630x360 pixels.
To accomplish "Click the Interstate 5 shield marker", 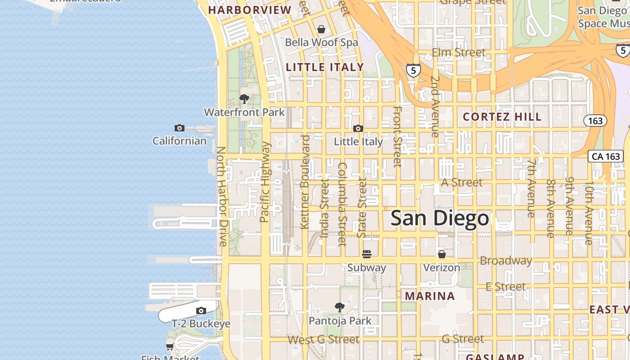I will (413, 70).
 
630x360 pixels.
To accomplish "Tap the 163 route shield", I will (595, 121).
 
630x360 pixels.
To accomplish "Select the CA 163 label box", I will (606, 156).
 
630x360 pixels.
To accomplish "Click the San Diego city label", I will (440, 219).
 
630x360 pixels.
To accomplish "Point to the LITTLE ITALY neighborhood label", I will (325, 67).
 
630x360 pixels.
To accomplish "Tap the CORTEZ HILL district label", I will (502, 117).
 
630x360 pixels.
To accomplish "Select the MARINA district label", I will (430, 296).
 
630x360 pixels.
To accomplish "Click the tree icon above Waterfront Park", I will (244, 99).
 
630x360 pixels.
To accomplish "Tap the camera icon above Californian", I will (179, 128).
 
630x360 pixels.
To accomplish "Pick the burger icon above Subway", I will (367, 254).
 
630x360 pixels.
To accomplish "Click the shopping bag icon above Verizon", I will (442, 254).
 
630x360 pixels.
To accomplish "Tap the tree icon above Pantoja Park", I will (340, 307).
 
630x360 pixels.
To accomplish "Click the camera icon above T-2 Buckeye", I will (201, 310).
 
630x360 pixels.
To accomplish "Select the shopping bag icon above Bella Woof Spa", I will (321, 29).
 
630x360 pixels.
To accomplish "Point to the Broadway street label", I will (506, 261).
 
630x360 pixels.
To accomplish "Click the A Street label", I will (462, 182).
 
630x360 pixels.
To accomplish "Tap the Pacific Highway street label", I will (265, 182).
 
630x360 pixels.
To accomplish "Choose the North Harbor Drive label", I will (222, 196).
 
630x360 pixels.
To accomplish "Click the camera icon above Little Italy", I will (358, 129).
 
